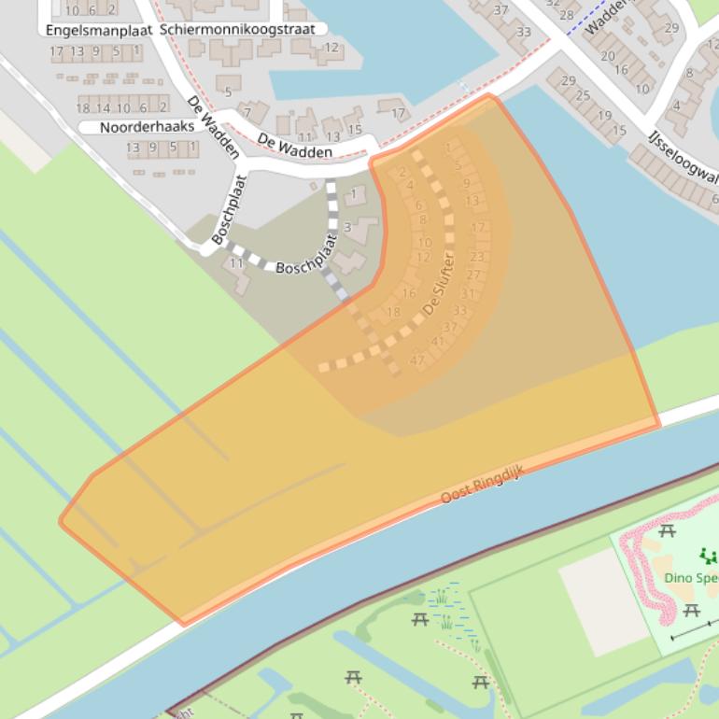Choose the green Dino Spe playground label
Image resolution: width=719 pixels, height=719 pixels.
691,577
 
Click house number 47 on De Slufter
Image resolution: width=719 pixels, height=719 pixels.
417,360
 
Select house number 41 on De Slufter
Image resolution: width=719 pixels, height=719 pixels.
437,342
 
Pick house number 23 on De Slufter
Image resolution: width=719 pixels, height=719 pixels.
477,257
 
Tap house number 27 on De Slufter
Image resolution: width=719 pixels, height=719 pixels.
473,275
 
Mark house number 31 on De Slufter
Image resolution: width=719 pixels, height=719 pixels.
468,293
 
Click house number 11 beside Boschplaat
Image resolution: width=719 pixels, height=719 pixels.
236,263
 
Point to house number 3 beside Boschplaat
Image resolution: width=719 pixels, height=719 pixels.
346,227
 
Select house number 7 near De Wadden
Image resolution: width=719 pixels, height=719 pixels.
248,113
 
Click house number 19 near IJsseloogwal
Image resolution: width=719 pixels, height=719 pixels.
603,116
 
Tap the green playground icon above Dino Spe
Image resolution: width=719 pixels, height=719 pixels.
709,557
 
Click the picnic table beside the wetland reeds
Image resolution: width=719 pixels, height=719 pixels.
419,619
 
